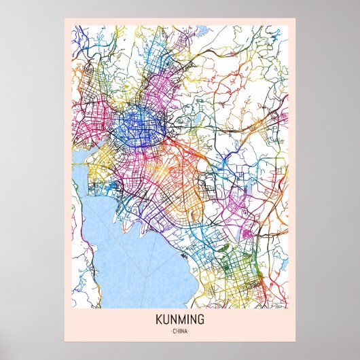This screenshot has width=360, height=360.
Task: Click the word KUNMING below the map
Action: (x=179, y=319)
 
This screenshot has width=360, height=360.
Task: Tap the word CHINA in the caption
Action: (x=179, y=331)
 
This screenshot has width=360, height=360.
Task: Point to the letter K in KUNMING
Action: (x=158, y=319)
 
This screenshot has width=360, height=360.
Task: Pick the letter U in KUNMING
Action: (x=165, y=319)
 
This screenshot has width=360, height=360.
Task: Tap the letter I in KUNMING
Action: (x=187, y=319)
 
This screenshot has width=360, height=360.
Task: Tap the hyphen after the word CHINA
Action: (x=190, y=331)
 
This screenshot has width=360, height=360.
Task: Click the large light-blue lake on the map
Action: (x=129, y=265)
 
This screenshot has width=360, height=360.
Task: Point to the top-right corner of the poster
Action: (x=296, y=18)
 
